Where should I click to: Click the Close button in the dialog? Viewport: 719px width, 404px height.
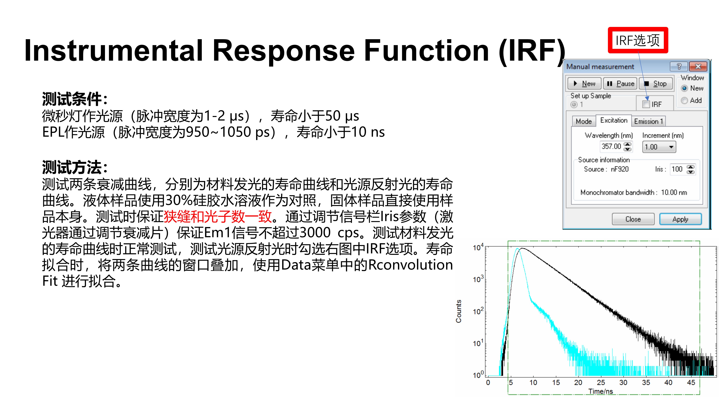[x=633, y=219]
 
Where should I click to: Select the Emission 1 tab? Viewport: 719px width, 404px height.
[x=648, y=121]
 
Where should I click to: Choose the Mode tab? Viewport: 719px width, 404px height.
[x=584, y=121]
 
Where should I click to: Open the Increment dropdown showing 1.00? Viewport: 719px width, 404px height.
[x=659, y=147]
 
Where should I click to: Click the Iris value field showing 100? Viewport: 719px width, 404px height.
[x=683, y=169]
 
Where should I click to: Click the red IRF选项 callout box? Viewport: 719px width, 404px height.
[x=638, y=40]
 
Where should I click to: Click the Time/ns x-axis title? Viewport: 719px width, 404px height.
[x=601, y=391]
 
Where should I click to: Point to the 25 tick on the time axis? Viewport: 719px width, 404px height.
[x=601, y=382]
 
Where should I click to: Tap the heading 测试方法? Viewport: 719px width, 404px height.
[x=72, y=167]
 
